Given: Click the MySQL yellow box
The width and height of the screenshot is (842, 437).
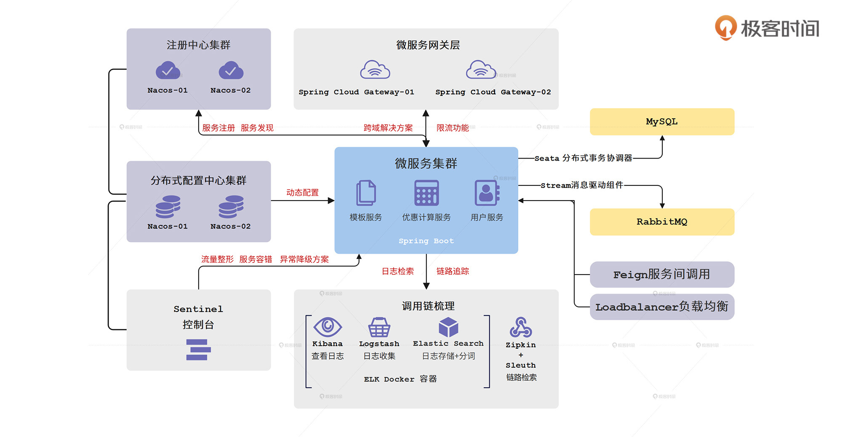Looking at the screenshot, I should coord(662,122).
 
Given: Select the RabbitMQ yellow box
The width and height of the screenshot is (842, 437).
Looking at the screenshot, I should coord(662,222).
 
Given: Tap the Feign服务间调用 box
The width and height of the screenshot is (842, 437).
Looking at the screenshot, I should coord(662,275).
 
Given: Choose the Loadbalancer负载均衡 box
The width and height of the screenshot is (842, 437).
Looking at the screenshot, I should coord(662,307).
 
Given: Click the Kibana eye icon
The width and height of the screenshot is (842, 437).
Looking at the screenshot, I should coord(328,327).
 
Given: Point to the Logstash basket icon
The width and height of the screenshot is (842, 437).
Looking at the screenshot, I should coord(379,327).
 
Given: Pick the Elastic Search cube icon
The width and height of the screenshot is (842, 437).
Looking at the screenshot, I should coord(448,327).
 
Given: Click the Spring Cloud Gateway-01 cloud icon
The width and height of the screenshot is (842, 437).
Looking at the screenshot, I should coord(375,70).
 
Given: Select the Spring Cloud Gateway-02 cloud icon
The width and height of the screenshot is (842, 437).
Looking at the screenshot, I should coord(481,70).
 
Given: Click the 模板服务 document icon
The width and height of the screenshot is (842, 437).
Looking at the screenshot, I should coord(366,193).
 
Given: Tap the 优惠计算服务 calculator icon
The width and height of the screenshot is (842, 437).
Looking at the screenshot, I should coord(426,193).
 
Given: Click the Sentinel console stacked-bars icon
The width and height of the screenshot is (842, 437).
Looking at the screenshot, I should coord(198,350).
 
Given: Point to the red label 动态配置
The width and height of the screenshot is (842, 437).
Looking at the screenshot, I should coord(302,193).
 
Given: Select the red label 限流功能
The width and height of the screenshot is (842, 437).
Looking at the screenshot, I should coord(453,128).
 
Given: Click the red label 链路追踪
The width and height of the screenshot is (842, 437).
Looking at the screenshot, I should coord(453,271).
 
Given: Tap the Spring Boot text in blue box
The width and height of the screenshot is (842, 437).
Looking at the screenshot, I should coord(426,241).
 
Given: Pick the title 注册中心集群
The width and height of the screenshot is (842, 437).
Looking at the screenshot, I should coord(198,45).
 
